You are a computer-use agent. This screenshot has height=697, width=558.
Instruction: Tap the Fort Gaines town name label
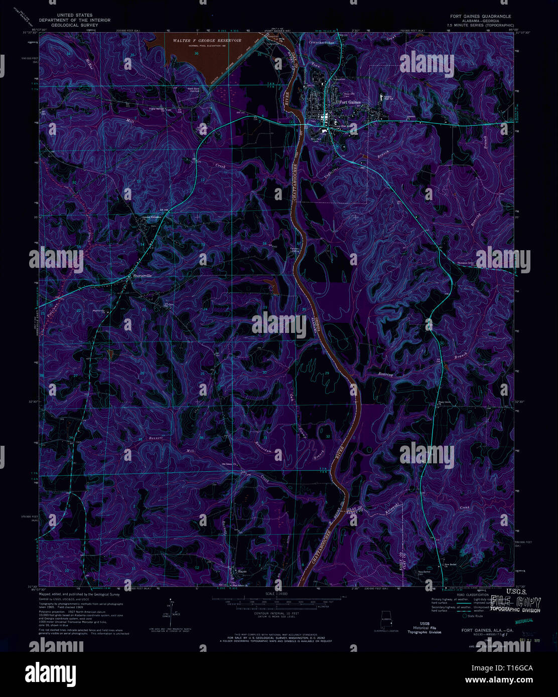point(350,102)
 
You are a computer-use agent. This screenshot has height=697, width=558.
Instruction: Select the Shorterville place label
point(142,276)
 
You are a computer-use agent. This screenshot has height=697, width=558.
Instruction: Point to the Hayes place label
point(242,571)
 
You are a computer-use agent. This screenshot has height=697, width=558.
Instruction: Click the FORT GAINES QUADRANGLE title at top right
point(480,16)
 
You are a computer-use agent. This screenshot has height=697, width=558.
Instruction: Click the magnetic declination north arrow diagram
point(172,615)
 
